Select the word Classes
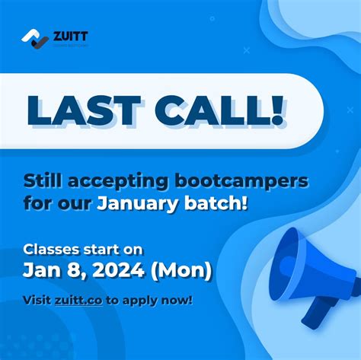coord(53,248)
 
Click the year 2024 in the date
coord(129,270)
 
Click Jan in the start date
coord(40,270)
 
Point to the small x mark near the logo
coord(246,50)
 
